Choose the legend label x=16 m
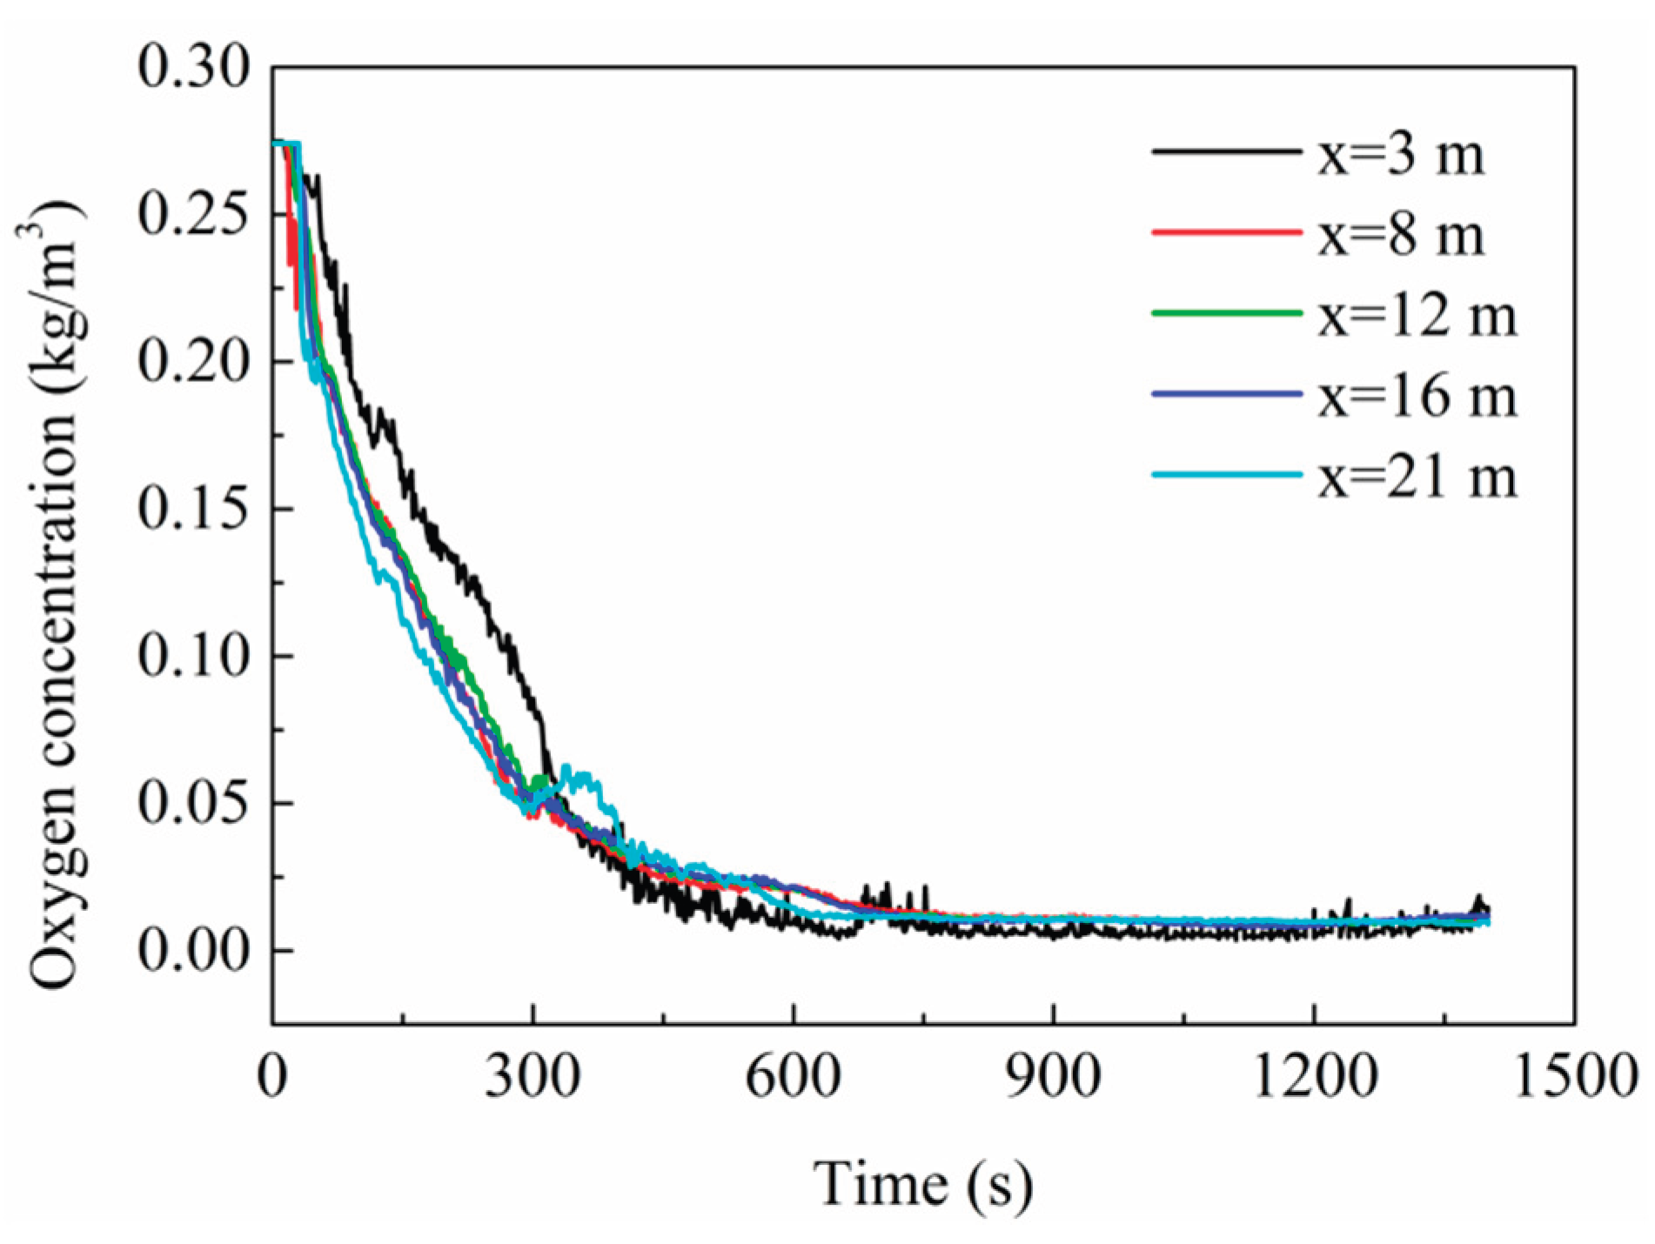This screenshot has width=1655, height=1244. (1416, 395)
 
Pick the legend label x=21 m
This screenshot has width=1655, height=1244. (1416, 475)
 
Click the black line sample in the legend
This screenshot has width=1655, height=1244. (1227, 152)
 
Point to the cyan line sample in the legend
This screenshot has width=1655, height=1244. (1227, 475)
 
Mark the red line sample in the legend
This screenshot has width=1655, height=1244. (1227, 232)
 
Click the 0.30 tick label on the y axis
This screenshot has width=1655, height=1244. (193, 67)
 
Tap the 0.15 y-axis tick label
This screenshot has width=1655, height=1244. (193, 509)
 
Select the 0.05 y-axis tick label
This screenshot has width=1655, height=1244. (193, 803)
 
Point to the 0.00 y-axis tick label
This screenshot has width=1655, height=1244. (193, 951)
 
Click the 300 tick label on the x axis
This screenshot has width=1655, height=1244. (532, 1076)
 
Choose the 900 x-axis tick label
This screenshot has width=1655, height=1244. (1053, 1076)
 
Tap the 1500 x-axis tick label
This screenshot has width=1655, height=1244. (1573, 1076)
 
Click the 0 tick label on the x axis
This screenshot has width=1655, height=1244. (272, 1076)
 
